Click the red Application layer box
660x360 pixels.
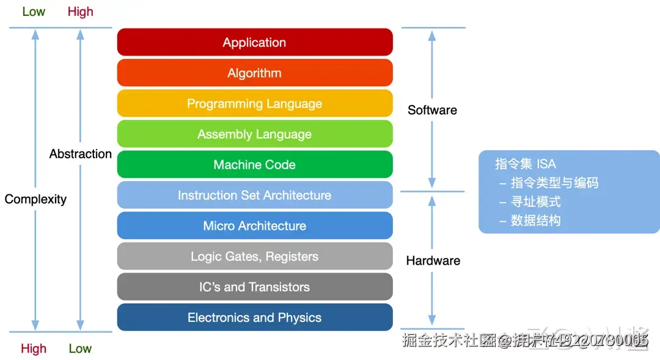click(254, 42)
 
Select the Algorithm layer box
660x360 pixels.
click(254, 73)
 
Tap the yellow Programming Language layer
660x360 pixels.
click(254, 103)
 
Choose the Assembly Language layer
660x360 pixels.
click(254, 134)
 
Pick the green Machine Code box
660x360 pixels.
click(254, 164)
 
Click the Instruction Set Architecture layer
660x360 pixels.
click(254, 195)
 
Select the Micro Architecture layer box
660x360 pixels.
click(254, 226)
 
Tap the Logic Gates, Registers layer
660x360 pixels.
click(254, 256)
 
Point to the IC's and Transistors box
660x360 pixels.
click(254, 287)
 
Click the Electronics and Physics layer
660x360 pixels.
click(254, 317)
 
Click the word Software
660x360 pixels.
click(432, 110)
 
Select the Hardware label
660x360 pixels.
click(433, 260)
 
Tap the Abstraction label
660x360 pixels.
click(81, 154)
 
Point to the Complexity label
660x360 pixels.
click(35, 199)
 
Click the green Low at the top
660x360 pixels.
click(34, 12)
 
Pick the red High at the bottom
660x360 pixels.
click(34, 348)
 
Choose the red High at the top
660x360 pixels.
click(81, 12)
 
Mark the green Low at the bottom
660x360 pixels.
click(80, 348)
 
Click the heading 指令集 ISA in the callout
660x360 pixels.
click(526, 164)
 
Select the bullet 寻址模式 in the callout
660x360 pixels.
click(536, 202)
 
